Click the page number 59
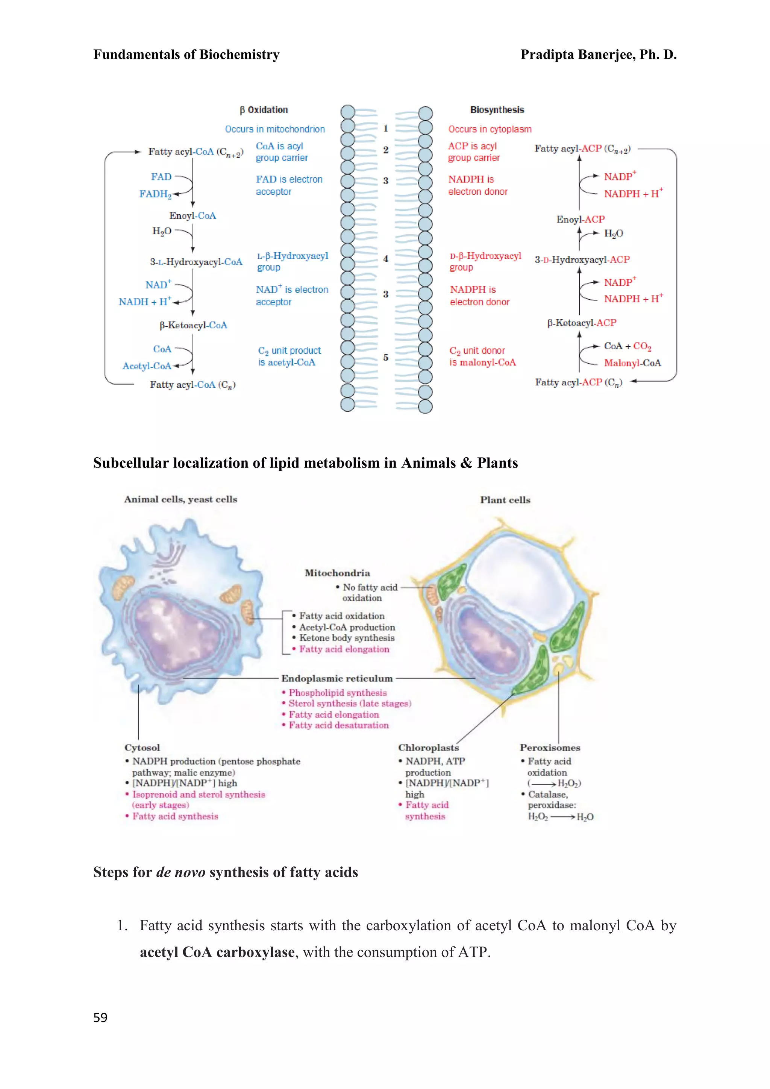coord(100,1018)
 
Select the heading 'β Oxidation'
coord(264,110)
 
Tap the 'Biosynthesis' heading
coord(497,110)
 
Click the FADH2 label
coord(155,194)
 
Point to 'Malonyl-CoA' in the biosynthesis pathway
coord(632,363)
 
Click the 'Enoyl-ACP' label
coord(581,219)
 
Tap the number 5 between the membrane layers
coord(385,358)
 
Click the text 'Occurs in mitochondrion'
coord(274,129)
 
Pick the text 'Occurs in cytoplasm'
coord(490,129)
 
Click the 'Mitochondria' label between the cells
coord(337,573)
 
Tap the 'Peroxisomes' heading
coord(550,748)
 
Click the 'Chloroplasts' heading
coord(428,748)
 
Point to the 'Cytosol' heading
coord(142,748)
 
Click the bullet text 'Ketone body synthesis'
coord(347,638)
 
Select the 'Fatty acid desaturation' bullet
coord(338,725)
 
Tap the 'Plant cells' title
coord(505,500)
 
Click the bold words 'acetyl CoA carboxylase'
coord(217,952)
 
